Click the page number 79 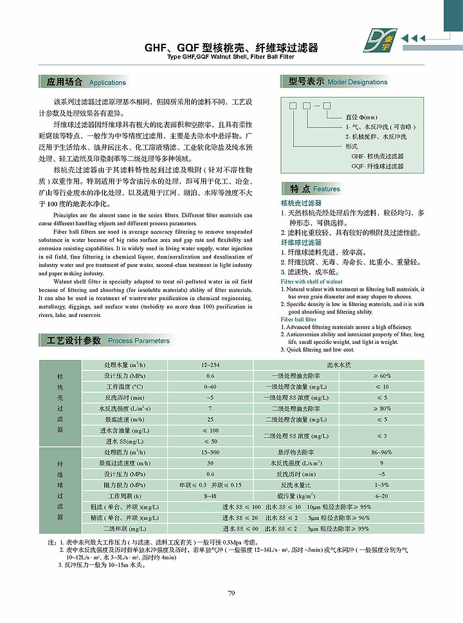(x=232, y=593)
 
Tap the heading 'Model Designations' (x=358, y=82)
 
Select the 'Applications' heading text (x=107, y=83)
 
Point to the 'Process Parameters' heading (x=139, y=341)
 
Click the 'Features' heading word (x=327, y=189)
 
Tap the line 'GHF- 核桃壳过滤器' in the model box (x=377, y=156)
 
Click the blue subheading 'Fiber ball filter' (x=298, y=320)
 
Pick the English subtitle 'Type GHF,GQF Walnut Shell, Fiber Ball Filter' (x=231, y=57)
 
